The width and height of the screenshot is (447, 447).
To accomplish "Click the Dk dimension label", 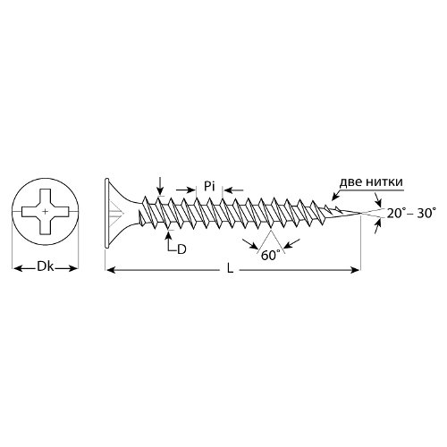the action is click(x=46, y=266).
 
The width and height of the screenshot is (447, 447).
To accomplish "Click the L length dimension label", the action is click(x=230, y=269).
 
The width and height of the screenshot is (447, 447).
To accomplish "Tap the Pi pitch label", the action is click(x=209, y=187).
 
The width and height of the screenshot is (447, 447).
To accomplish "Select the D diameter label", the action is click(x=181, y=249).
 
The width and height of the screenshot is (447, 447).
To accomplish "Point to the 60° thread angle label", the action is click(x=271, y=255).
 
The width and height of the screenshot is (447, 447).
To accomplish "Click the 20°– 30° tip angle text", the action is click(x=411, y=214).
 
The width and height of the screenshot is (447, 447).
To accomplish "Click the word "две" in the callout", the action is click(x=354, y=181).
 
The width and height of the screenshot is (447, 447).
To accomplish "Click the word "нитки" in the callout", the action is click(x=387, y=181).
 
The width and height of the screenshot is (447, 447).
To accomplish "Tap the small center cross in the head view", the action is click(x=45, y=212).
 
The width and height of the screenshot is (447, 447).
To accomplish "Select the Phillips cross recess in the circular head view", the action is click(x=45, y=212).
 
